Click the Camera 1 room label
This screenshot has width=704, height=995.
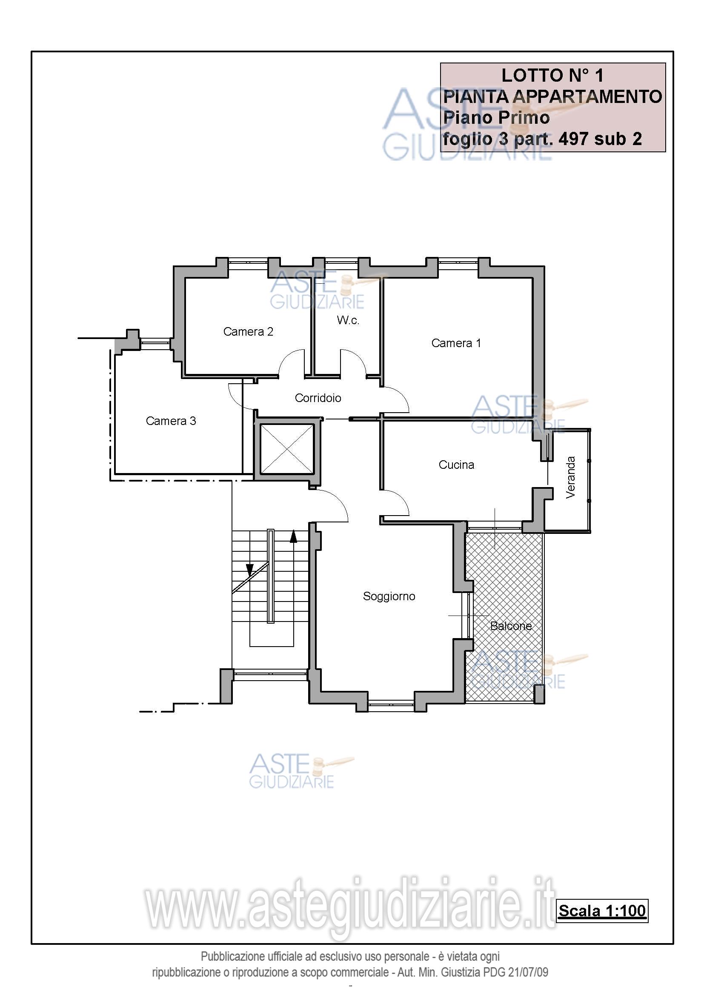tap(456, 343)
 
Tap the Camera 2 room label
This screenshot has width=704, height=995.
tap(248, 331)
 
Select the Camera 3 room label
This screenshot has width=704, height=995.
tap(171, 421)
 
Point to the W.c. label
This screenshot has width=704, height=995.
tap(348, 320)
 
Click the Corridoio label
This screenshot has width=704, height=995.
tap(318, 398)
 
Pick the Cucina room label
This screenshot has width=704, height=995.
tap(456, 465)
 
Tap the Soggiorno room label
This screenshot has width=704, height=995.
tap(389, 596)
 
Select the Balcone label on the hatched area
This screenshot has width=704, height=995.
tap(511, 626)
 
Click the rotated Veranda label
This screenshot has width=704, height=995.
tap(570, 477)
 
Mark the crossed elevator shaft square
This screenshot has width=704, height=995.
tap(287, 449)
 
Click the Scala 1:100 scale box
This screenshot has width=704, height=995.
tap(602, 910)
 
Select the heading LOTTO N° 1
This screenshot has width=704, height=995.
tap(553, 76)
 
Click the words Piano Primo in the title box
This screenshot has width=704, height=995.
tap(496, 118)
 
